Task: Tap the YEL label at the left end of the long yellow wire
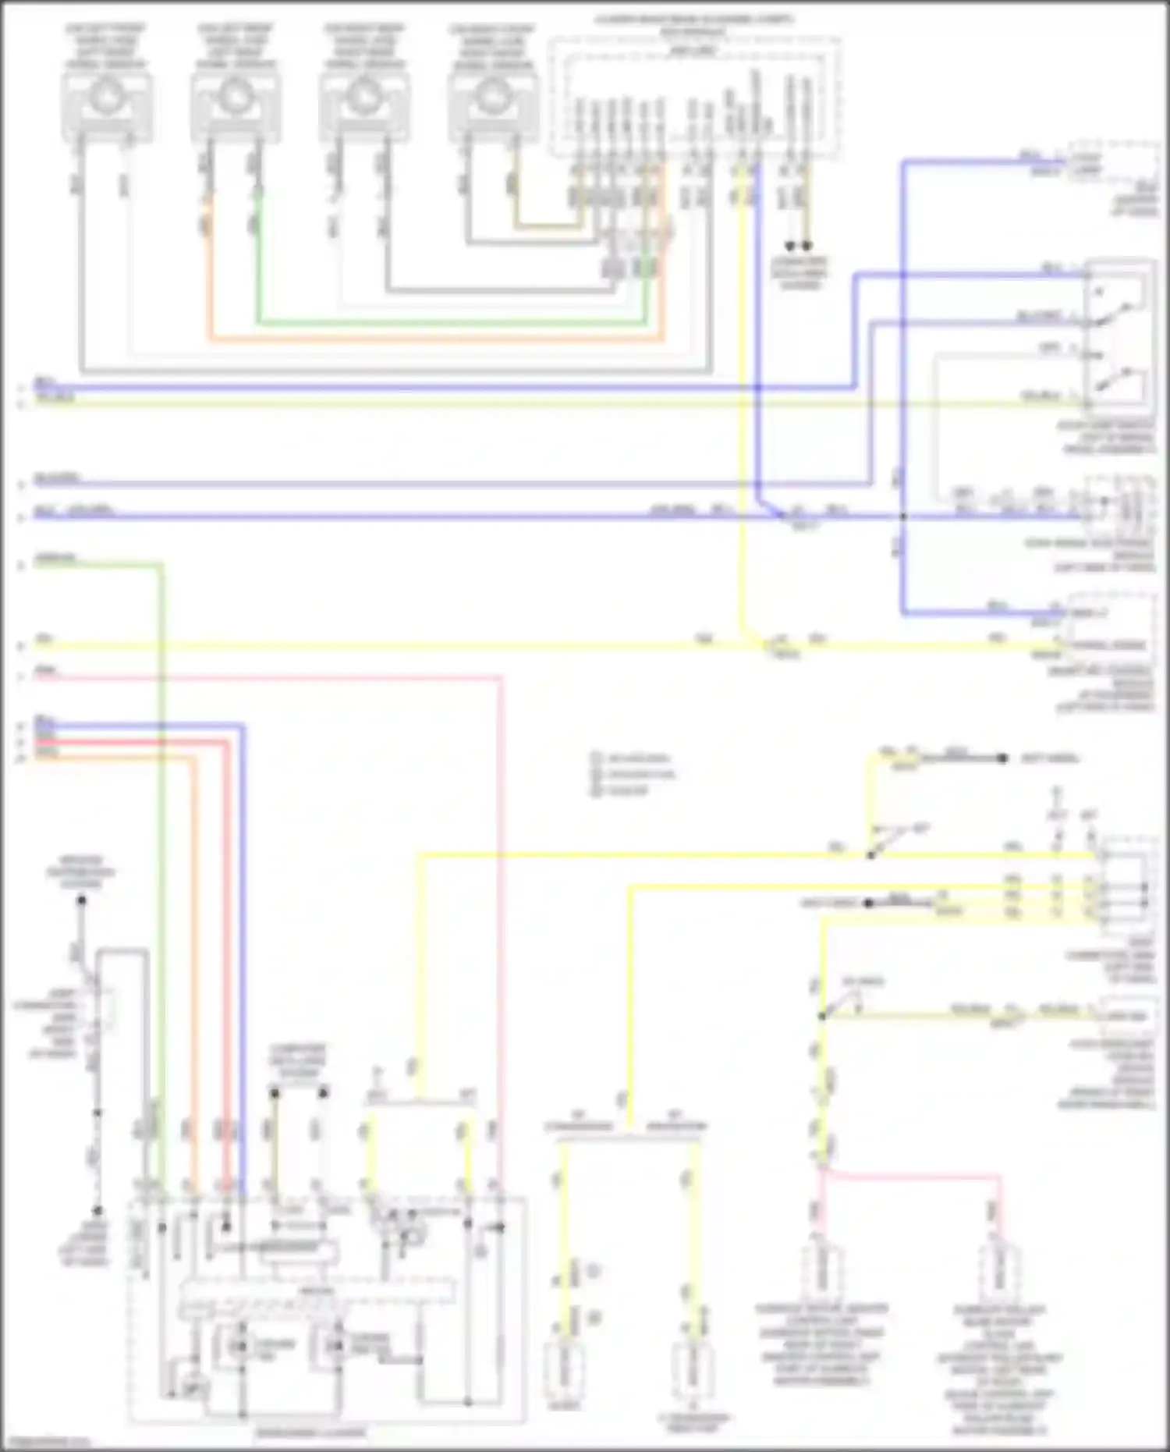[44, 639]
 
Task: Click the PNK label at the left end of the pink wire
[45, 670]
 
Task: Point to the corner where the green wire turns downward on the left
[161, 565]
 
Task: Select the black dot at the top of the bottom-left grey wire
[81, 900]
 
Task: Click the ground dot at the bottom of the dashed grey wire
[98, 1211]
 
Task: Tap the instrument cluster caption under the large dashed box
[310, 1432]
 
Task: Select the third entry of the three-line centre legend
[621, 790]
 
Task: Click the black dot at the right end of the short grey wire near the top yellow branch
[1003, 758]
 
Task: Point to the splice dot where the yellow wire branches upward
[871, 856]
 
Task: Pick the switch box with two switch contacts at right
[1119, 335]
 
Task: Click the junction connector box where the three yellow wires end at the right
[1123, 889]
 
